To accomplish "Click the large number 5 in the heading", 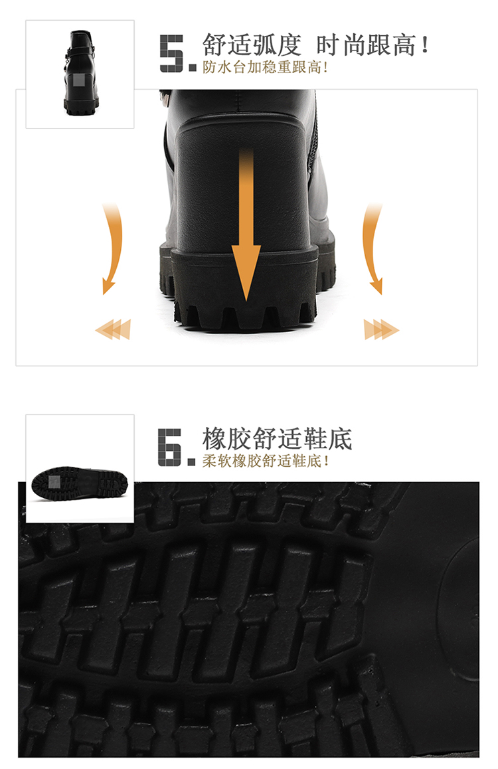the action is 173,53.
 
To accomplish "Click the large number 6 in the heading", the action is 171,447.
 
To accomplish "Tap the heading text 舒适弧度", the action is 252,45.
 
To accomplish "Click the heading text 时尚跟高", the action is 366,45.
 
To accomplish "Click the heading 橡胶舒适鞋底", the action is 277,439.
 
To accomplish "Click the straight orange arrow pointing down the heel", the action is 246,226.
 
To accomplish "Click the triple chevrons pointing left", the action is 114,329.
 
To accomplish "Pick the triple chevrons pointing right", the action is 381,329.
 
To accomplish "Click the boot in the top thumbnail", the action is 80,73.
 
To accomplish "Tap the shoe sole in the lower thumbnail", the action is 80,484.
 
